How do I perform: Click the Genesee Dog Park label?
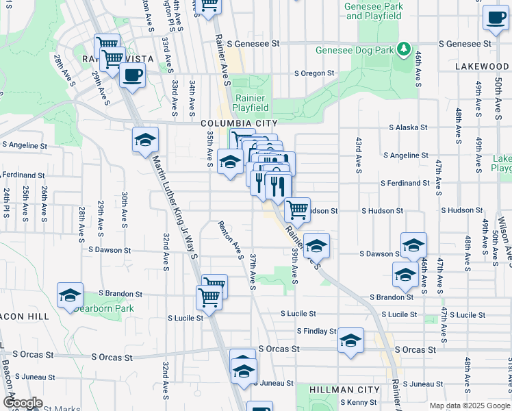[355, 50]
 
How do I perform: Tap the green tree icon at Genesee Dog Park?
[405, 49]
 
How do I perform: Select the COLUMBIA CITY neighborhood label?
[239, 123]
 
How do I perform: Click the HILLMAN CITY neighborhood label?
[344, 390]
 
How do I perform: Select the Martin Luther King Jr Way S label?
[174, 206]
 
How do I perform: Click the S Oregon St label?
[314, 73]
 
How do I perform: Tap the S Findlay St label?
[316, 332]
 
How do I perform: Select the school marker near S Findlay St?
[350, 341]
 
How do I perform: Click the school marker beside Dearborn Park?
[70, 296]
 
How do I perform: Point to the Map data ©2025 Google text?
[468, 406]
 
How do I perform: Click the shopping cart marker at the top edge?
[209, 5]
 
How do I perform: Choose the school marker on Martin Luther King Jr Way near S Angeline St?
[145, 140]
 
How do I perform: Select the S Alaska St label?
[408, 127]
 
